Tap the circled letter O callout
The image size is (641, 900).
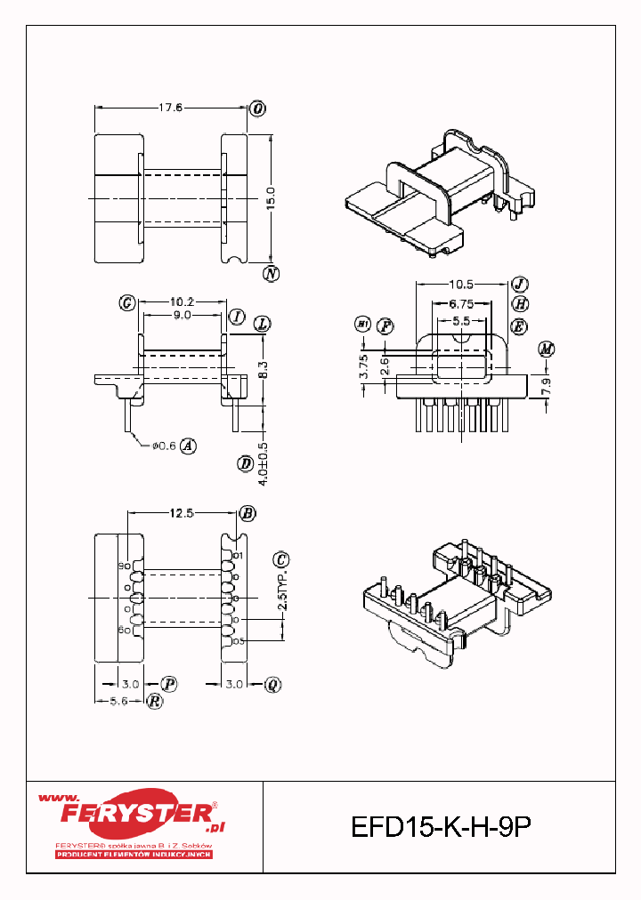click(258, 108)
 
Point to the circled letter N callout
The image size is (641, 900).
click(272, 274)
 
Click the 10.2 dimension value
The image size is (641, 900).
click(182, 302)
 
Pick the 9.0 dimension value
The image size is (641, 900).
click(181, 316)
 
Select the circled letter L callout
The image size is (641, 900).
click(262, 324)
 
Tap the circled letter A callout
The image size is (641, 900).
click(188, 446)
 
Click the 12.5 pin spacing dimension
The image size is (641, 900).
click(183, 513)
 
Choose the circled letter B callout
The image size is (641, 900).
click(247, 513)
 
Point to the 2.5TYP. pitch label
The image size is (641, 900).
click(282, 590)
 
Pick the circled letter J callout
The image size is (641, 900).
click(519, 285)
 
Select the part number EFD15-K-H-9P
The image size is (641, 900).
click(441, 827)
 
